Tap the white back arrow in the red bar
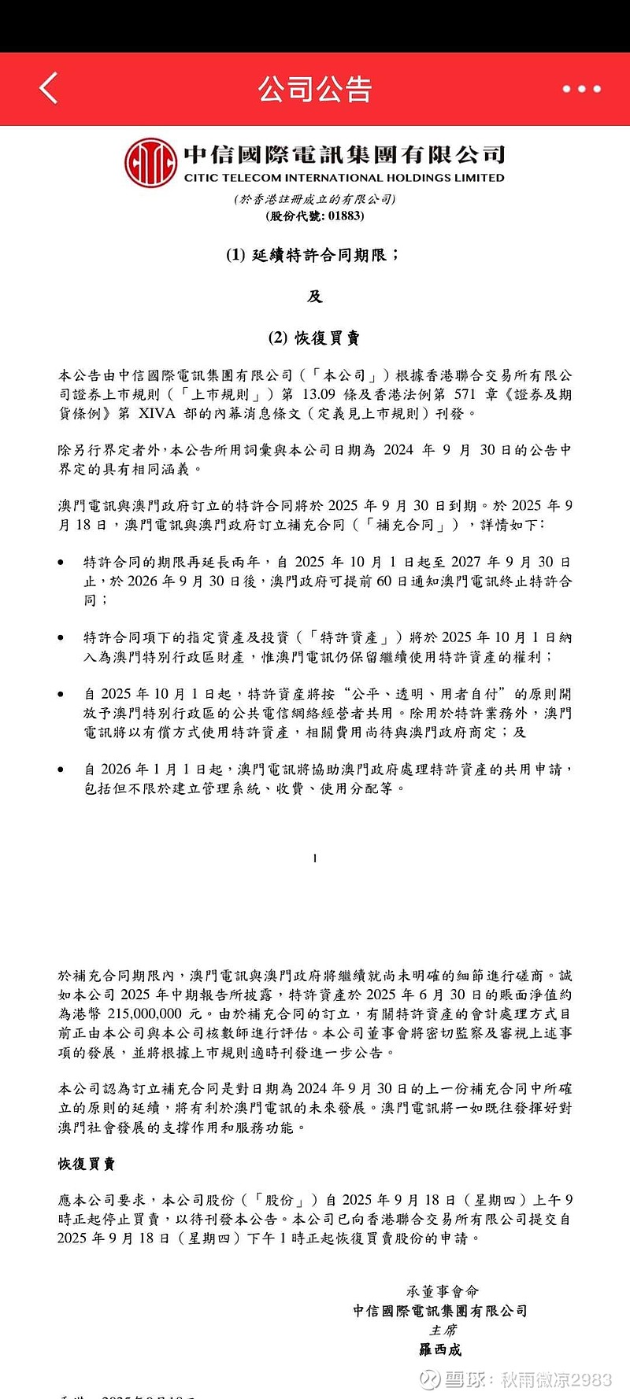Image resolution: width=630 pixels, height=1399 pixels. pos(49,88)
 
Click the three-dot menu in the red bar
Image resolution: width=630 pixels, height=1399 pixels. pos(581,89)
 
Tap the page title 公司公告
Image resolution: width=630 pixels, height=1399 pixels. pos(315,89)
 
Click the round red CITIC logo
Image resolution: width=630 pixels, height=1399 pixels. pos(150,162)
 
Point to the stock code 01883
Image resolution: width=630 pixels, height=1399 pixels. pos(346,216)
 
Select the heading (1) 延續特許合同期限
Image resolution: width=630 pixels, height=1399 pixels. pos(313,255)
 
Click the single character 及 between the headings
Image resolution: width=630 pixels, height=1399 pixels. pos(315,297)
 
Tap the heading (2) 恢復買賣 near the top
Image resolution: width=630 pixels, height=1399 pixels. pos(314,338)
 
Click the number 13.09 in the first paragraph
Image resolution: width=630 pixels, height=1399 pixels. pos(318,394)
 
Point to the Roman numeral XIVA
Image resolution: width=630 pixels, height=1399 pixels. pos(157,413)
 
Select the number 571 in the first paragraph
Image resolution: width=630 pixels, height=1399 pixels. pos(465,394)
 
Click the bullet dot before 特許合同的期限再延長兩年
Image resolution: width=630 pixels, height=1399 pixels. pos(61,563)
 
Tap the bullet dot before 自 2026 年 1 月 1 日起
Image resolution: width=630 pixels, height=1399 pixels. pos(61,770)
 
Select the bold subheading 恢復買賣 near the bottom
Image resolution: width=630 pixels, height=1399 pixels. pos(87,1164)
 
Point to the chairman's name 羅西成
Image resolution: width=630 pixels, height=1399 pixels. pos(440,1350)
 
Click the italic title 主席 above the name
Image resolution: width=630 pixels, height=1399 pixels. pos(443,1331)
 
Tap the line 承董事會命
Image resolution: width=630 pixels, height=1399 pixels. pos(443,1291)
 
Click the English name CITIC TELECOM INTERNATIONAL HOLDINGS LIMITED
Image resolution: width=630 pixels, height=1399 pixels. pos(344,178)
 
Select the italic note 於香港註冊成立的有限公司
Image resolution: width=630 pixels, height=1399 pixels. pos(315,199)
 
